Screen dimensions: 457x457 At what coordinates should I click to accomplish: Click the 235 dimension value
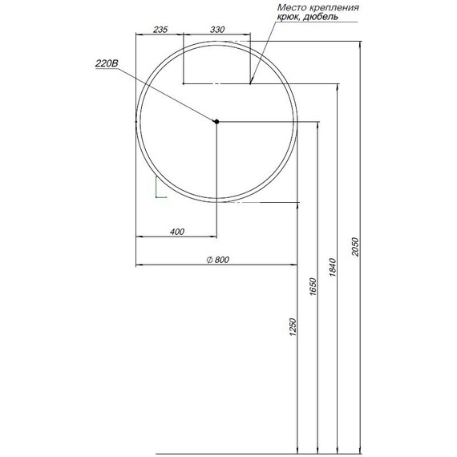coord(159,29)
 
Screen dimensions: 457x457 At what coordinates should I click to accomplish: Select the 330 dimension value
coord(216,29)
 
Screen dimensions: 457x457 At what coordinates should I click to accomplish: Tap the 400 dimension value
coord(177,232)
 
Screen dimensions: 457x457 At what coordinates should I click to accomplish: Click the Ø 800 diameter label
coord(218,259)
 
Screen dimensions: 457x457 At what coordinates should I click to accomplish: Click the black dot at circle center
coord(216,121)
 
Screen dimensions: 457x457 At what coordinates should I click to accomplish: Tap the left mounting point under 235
coord(184,83)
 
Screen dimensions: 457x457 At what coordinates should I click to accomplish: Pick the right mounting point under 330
coord(250,83)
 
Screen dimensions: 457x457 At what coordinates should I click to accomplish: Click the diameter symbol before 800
coord(208,259)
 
